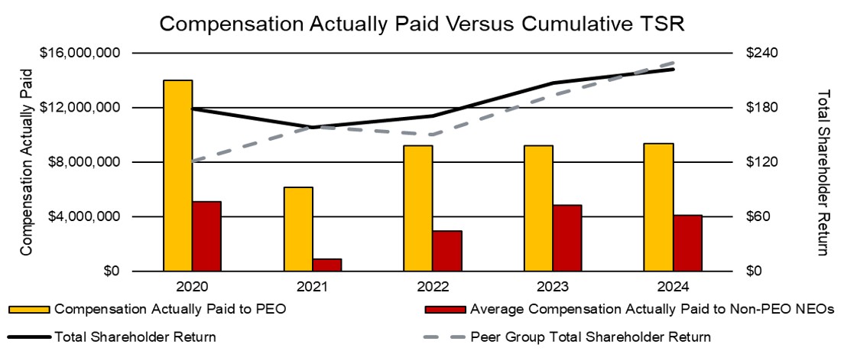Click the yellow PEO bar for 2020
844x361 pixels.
coord(177,175)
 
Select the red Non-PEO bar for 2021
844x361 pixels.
coord(327,265)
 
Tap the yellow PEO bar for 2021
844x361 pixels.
coord(298,229)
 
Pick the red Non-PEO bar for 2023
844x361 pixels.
coord(567,238)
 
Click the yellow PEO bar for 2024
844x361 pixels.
coord(658,207)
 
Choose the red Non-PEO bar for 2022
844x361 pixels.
coord(447,250)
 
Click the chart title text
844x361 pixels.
coord(421,23)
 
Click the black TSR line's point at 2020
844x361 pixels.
coord(193,109)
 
